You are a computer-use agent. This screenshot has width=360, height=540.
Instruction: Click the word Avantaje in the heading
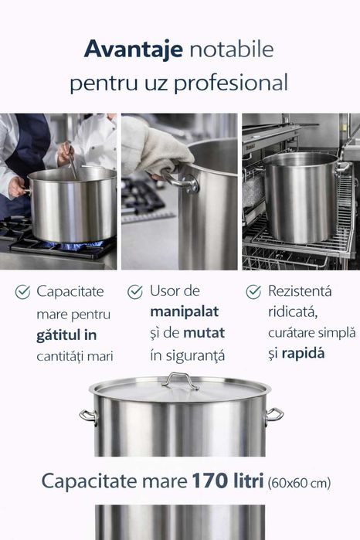(x=133, y=50)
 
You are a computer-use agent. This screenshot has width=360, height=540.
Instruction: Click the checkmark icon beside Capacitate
(x=23, y=292)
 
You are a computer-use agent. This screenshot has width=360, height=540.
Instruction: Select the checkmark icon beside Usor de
(x=135, y=292)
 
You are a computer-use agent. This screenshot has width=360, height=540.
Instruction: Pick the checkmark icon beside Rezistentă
(x=253, y=292)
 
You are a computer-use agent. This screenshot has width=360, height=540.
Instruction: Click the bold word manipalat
(x=185, y=312)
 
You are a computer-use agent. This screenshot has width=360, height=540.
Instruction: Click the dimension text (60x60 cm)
(x=299, y=484)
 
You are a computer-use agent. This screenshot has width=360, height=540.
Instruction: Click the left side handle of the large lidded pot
(x=89, y=416)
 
